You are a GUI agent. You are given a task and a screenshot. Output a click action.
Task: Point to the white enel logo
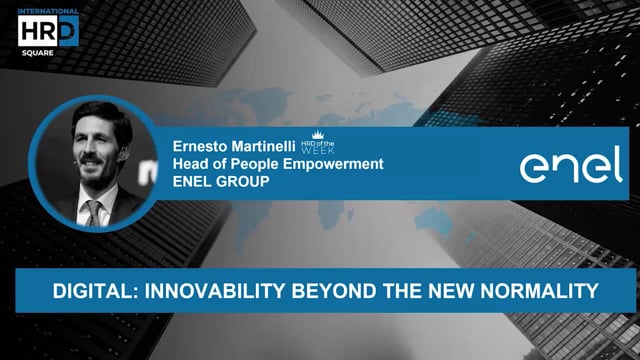[x=570, y=164]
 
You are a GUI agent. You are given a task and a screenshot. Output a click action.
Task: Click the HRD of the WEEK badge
[x=318, y=147]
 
